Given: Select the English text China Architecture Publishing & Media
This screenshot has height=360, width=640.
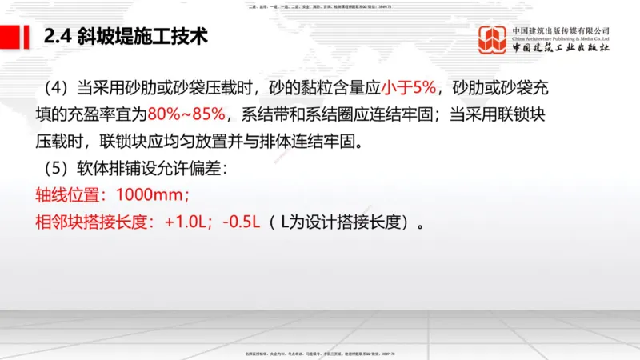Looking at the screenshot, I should click(x=562, y=38).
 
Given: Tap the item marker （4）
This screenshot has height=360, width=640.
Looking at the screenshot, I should click(x=50, y=87).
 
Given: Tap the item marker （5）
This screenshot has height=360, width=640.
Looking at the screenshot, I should click(x=50, y=169).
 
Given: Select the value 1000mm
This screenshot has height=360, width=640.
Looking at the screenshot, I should click(x=154, y=194).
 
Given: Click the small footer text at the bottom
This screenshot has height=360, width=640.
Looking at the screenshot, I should click(x=320, y=353).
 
